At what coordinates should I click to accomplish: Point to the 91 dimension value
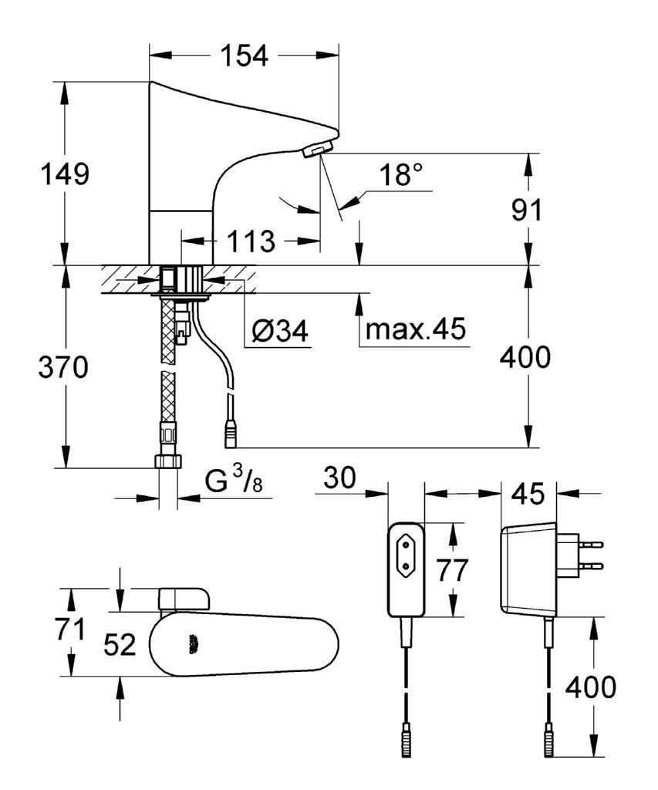528,209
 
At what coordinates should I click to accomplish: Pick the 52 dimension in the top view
120,644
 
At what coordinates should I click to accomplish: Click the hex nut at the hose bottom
168,463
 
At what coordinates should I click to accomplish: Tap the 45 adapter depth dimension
528,492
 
